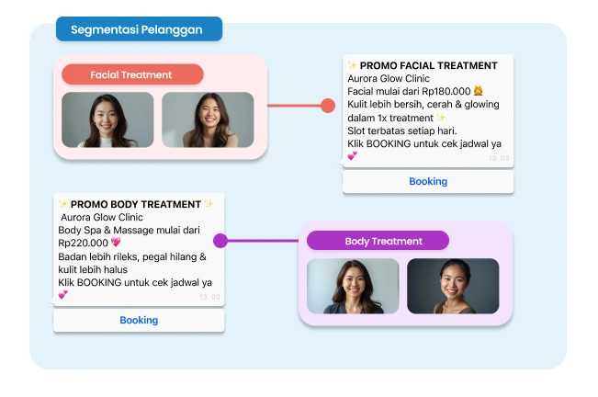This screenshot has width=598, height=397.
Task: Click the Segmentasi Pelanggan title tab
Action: (137, 29)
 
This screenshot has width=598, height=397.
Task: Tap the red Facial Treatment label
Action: (131, 74)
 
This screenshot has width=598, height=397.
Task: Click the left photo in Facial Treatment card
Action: (107, 119)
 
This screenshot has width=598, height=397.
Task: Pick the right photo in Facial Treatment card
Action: (208, 119)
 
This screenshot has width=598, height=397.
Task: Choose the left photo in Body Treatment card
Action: (353, 286)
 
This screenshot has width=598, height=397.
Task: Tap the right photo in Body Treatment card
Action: (453, 286)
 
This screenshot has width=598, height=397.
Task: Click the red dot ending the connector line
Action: (328, 106)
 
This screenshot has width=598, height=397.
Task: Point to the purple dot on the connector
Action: (220, 242)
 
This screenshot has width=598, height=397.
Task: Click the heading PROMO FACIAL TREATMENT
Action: (429, 66)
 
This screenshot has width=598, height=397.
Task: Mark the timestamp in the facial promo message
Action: (499, 159)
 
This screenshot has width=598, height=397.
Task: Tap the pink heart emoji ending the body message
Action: (63, 295)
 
